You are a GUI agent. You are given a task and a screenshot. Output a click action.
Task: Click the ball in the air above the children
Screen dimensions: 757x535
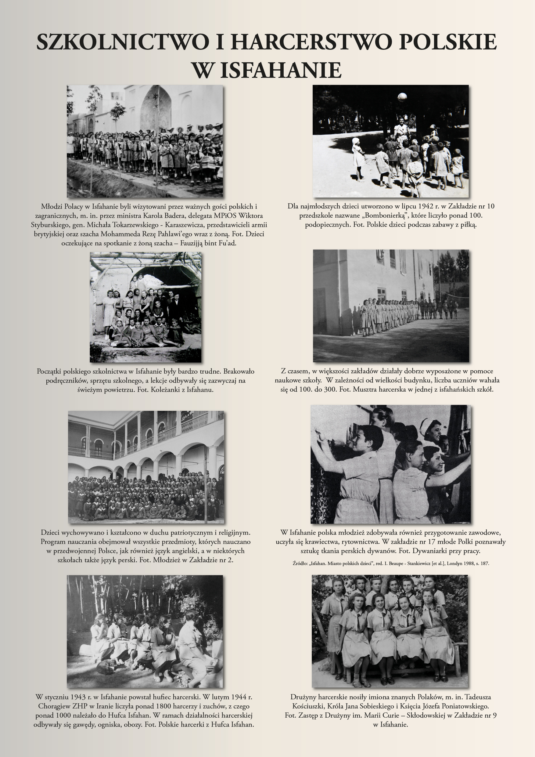402,97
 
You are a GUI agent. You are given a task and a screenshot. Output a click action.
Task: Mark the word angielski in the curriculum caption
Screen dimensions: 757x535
184,551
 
